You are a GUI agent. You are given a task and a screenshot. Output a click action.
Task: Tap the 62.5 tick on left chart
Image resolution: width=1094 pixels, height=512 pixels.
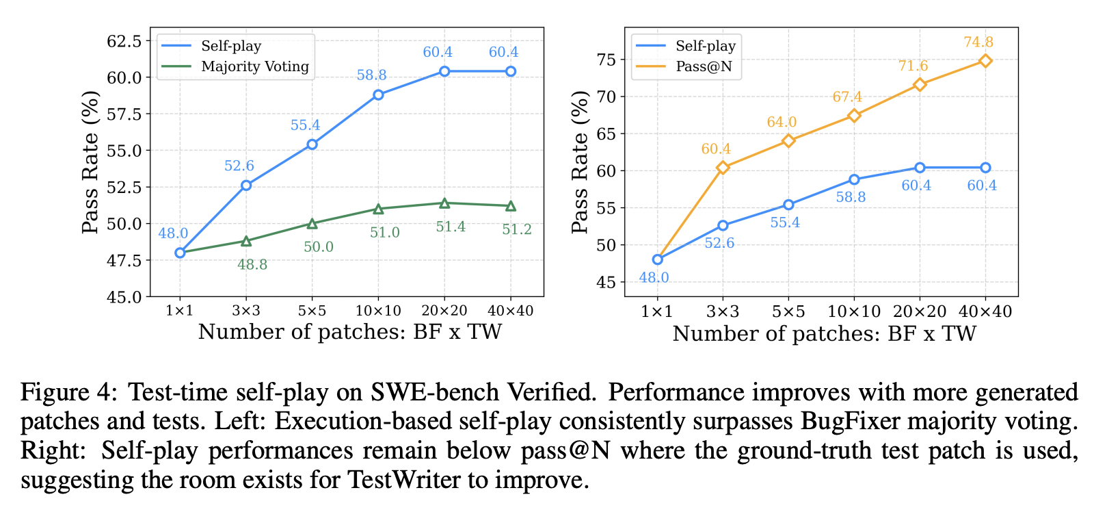124,41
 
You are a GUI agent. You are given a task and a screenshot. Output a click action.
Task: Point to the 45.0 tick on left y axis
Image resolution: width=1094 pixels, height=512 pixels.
124,297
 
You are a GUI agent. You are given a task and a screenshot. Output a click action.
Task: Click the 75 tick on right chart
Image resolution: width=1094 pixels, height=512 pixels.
606,60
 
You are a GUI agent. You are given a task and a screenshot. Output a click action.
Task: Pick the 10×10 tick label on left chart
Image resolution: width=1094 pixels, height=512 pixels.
378,311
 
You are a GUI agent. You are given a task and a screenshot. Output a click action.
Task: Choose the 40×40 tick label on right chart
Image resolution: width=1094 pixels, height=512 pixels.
985,312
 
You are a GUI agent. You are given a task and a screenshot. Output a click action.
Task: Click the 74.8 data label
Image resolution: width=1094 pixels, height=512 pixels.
978,42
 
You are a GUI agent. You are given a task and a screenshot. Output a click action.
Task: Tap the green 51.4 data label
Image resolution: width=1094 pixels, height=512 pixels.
451,227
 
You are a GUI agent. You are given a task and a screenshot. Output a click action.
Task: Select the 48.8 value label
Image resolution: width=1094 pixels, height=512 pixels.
252,264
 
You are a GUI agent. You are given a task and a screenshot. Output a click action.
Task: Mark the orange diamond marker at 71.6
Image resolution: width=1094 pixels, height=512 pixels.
920,85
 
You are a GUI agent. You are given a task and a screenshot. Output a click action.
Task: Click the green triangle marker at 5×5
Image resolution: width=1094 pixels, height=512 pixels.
312,224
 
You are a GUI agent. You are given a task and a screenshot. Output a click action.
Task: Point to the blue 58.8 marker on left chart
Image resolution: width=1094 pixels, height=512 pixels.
378,94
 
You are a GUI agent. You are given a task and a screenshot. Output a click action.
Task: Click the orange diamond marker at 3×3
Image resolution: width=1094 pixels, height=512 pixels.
723,168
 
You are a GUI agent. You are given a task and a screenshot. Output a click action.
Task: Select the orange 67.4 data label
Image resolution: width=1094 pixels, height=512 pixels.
847,97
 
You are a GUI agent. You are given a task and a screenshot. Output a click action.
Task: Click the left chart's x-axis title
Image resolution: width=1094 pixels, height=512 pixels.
349,332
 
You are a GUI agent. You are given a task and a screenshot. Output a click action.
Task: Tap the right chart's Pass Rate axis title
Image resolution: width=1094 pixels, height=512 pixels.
580,162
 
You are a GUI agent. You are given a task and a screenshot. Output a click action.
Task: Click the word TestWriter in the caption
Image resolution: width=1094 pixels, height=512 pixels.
404,480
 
